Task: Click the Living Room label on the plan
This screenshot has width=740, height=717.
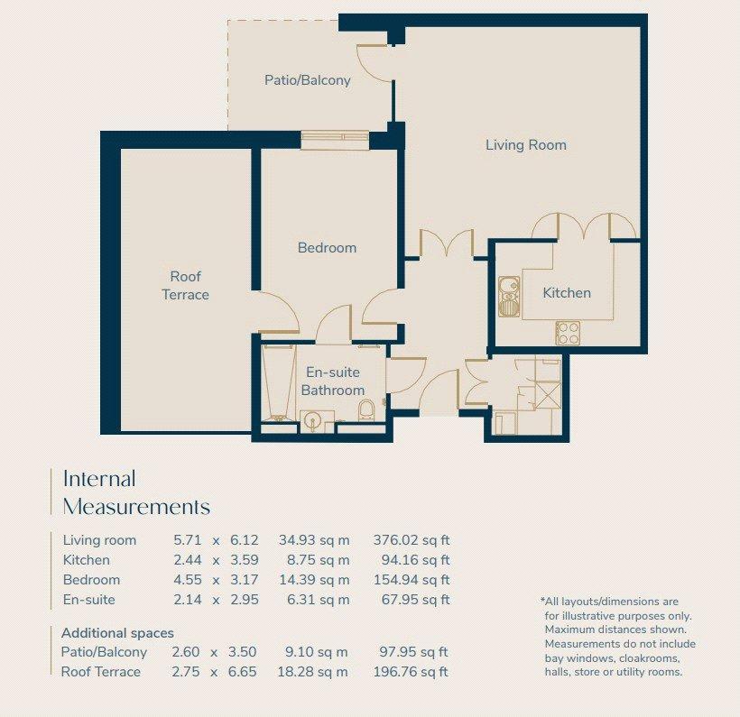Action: point(526,145)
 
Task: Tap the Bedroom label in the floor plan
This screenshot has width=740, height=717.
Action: point(327,248)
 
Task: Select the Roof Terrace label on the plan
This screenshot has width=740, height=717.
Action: point(186,285)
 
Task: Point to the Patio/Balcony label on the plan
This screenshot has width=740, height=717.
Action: point(307,80)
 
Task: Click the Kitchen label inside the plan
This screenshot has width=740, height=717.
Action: point(567,293)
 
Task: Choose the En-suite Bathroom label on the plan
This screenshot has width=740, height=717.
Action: point(333,381)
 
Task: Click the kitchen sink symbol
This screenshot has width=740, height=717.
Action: point(509,297)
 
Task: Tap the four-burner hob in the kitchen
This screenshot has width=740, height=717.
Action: point(568,333)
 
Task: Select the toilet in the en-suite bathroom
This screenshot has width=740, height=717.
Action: point(365,410)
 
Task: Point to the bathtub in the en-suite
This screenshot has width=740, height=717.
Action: point(278,383)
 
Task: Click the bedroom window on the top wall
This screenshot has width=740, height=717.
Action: point(335,140)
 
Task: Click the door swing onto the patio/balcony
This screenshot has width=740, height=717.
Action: point(375,63)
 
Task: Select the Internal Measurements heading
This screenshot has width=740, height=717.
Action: point(136,492)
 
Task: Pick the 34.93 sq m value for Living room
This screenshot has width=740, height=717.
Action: point(314,540)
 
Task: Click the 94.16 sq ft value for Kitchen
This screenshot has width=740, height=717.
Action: point(415,560)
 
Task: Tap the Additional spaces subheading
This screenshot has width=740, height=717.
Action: point(117,633)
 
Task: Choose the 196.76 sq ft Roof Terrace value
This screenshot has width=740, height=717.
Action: point(411,672)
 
